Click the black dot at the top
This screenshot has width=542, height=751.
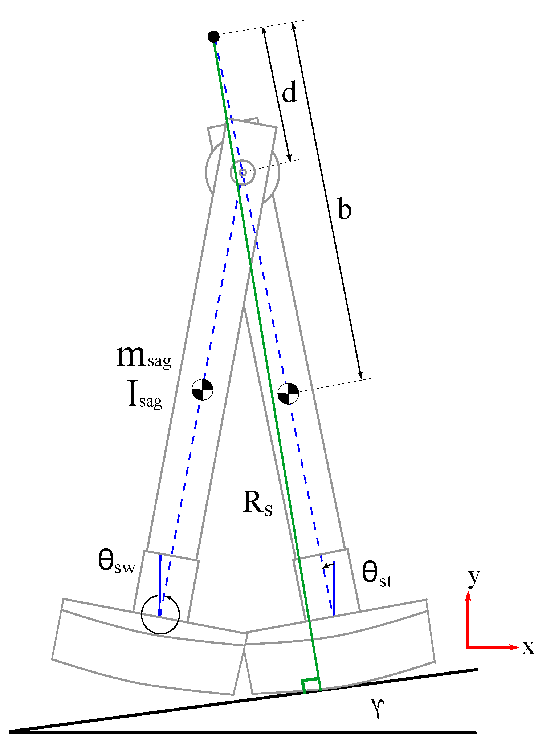tap(213, 36)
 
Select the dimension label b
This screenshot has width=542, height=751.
tap(344, 209)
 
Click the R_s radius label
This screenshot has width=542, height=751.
tap(257, 503)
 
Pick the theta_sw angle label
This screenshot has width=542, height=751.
tap(116, 562)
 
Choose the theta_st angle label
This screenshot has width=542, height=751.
tap(376, 575)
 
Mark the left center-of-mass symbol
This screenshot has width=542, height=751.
tap(202, 390)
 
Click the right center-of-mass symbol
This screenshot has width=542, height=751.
tap(288, 394)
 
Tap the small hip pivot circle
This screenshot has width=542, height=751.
tap(243, 172)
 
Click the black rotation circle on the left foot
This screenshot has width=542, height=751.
tap(160, 615)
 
